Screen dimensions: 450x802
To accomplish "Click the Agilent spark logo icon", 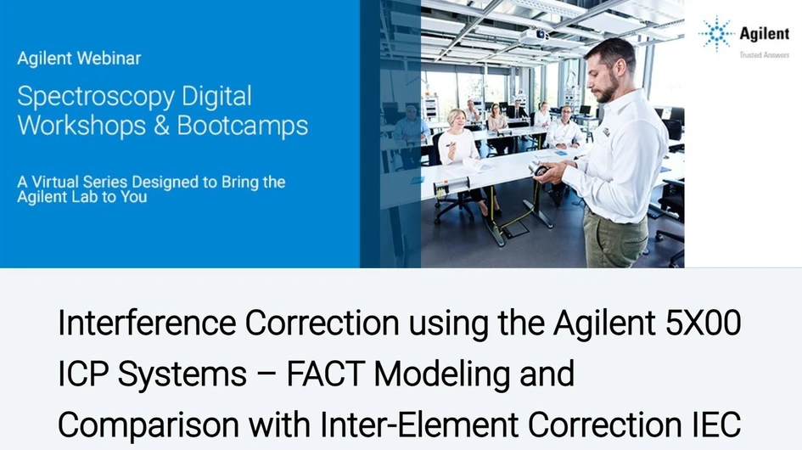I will point(715,34).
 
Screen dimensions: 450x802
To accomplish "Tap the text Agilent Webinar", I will point(79,59).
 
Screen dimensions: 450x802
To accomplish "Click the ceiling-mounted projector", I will point(533,37).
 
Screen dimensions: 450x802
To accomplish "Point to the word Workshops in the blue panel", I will point(78,126).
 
